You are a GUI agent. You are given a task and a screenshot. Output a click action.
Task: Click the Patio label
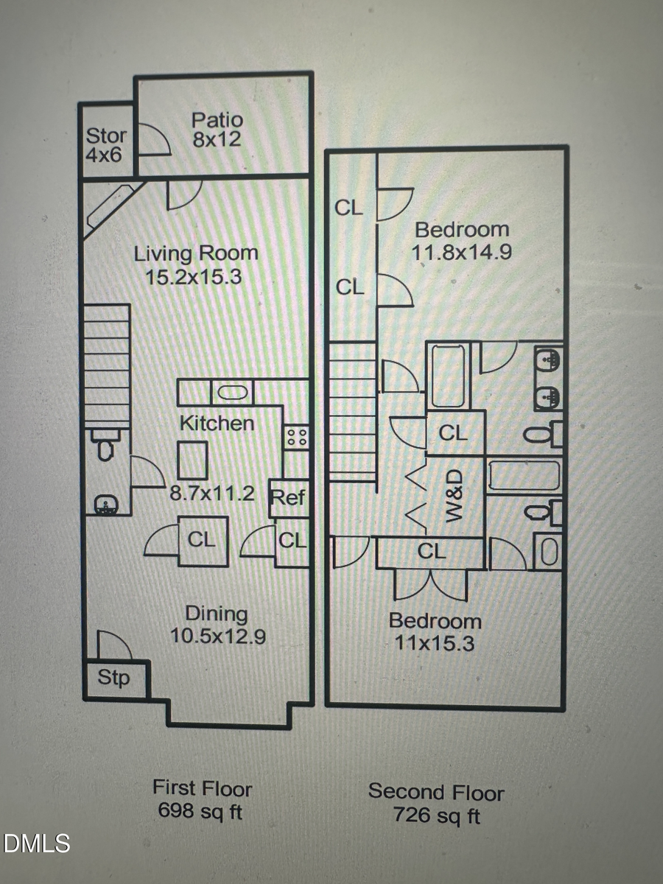217,119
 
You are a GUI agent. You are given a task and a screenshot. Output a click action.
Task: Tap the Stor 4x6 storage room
106,144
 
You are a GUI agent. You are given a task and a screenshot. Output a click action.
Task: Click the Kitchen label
217,423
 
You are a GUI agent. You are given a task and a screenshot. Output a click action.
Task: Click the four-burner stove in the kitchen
296,436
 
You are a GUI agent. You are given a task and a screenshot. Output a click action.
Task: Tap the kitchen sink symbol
233,391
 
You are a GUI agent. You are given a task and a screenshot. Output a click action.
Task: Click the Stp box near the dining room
114,678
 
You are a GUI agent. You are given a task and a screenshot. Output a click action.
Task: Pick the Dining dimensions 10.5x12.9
217,636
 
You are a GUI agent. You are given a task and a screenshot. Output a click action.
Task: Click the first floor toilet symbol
105,446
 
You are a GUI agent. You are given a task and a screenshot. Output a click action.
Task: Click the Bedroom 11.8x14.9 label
461,240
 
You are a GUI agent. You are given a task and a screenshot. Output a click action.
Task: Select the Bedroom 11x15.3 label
435,632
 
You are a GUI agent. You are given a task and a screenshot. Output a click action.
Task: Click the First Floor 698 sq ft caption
202,799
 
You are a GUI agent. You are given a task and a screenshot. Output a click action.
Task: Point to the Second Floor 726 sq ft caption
436,804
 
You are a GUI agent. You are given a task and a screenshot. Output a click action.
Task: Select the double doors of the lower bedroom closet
431,585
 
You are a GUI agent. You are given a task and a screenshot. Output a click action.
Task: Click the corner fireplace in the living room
106,208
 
